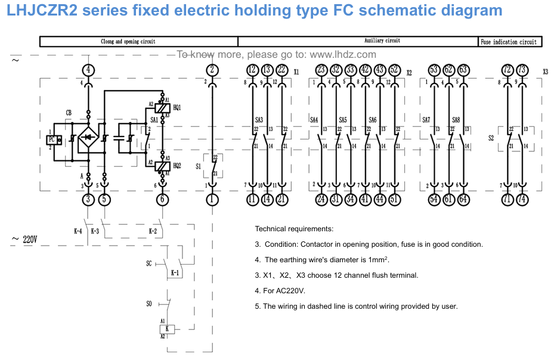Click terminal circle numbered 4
(x=88, y=70)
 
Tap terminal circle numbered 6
(x=162, y=199)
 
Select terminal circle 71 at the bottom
(x=507, y=199)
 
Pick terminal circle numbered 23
(x=321, y=70)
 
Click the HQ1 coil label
(x=177, y=107)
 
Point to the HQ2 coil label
(x=177, y=165)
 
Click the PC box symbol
(x=52, y=139)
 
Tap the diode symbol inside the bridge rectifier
(x=88, y=138)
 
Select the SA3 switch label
(x=258, y=120)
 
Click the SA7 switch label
(x=426, y=120)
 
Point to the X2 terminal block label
(x=409, y=73)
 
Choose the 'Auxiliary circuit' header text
(x=382, y=41)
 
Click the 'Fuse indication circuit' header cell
(x=509, y=42)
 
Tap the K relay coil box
(x=168, y=328)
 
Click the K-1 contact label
(x=175, y=273)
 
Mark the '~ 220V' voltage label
(x=24, y=240)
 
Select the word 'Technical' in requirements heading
(x=274, y=229)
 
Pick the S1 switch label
(x=199, y=166)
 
